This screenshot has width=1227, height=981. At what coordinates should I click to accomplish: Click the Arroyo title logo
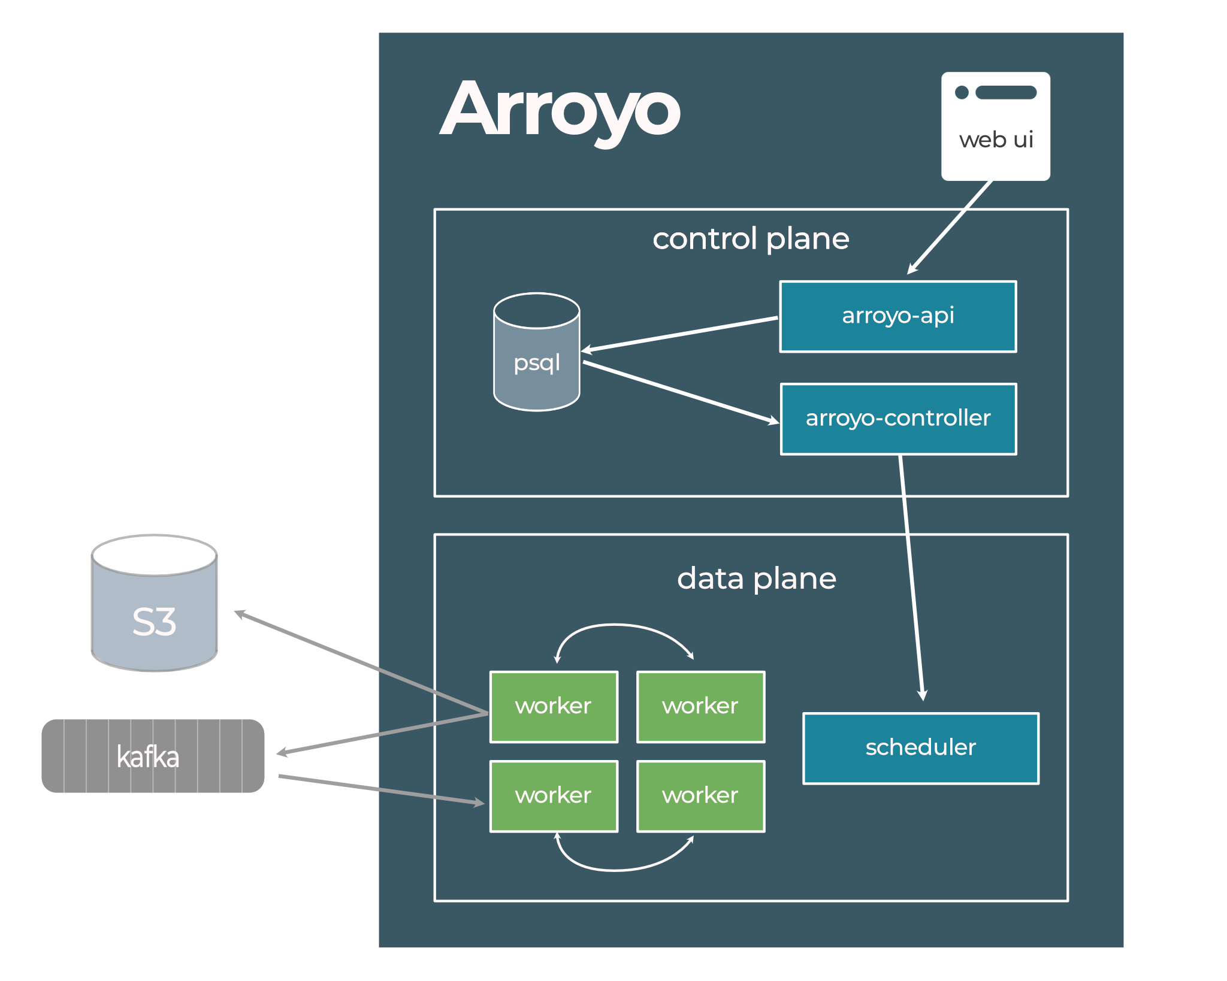560,111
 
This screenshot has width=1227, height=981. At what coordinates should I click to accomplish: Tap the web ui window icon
995,126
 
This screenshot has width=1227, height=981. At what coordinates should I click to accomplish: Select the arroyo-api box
897,316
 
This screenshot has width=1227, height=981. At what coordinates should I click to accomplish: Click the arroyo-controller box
898,419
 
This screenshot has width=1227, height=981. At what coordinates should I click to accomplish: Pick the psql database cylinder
536,353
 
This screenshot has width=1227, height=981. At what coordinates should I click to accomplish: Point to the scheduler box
920,747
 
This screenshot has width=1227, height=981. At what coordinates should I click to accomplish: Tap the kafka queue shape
153,756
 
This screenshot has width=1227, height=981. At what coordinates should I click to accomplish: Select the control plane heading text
750,239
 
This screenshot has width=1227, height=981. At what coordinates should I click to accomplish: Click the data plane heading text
756,579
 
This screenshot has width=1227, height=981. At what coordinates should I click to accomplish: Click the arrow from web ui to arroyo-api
950,228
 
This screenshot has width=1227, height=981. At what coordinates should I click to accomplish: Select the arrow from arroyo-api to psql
680,334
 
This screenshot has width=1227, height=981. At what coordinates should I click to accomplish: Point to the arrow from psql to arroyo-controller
680,392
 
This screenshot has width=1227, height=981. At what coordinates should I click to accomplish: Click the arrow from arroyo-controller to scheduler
911,575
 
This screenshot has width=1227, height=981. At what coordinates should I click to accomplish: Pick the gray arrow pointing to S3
359,662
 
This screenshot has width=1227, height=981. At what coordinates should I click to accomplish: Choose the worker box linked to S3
553,707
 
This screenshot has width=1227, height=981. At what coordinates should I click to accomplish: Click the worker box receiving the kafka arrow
553,796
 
